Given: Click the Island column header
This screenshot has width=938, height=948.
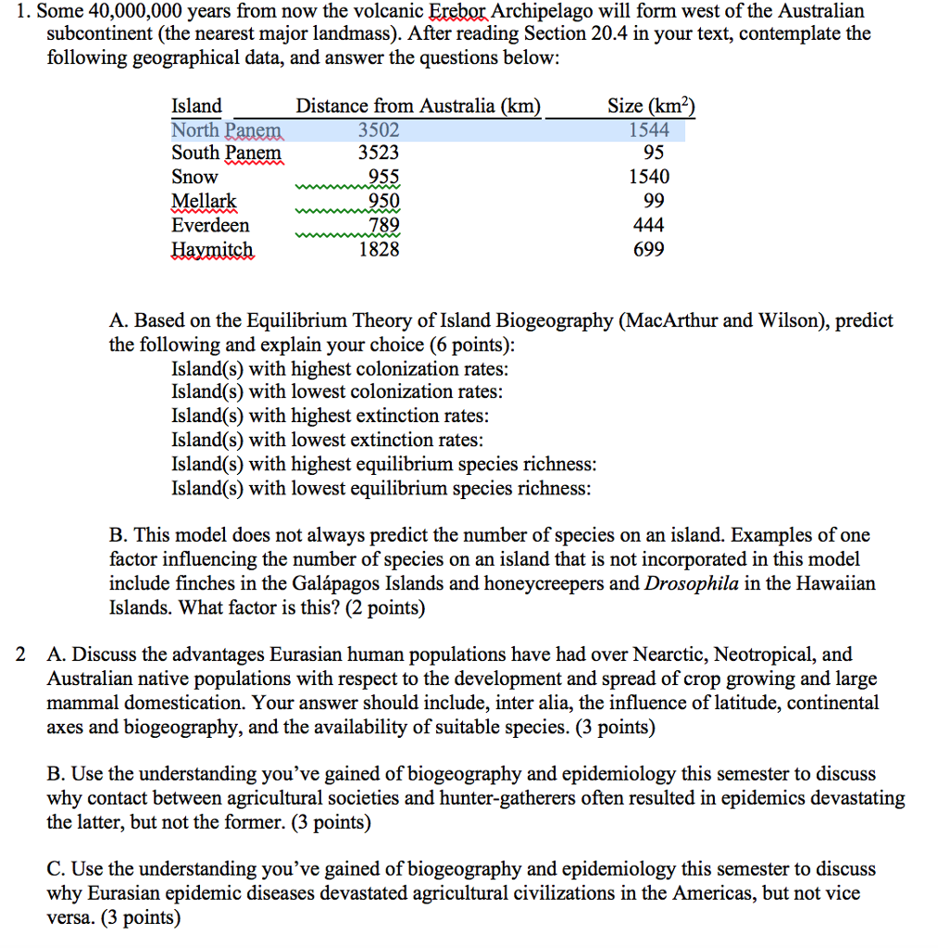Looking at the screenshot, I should [x=197, y=106].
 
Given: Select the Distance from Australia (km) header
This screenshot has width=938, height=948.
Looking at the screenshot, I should [x=418, y=106].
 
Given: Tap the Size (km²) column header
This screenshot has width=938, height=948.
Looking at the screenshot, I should [x=650, y=106].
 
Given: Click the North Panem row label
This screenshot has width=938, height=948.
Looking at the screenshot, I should [x=227, y=130].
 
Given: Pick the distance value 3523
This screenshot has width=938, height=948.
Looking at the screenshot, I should [x=379, y=153].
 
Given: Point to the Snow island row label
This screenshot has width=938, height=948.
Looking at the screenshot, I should [x=195, y=177].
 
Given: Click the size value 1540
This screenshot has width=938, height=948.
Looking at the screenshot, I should [x=648, y=177].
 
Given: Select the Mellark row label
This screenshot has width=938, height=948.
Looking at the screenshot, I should [x=205, y=201].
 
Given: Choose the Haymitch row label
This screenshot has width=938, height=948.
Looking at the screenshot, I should [x=213, y=249].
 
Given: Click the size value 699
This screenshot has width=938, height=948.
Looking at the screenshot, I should [x=648, y=249].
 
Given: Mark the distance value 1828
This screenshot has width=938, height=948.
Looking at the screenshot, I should [x=379, y=249].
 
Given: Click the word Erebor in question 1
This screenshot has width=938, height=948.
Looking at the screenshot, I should [x=458, y=12].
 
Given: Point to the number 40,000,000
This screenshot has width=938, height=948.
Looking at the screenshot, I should [x=123, y=12].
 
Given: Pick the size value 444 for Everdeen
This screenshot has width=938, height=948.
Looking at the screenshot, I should [x=648, y=225].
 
